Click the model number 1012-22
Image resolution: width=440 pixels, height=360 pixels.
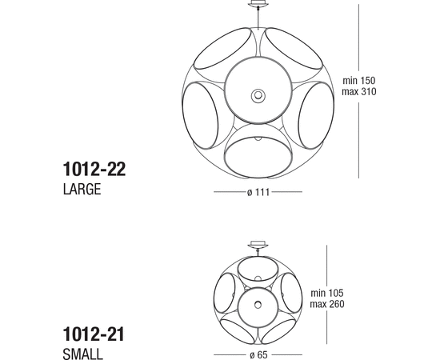click(94, 169)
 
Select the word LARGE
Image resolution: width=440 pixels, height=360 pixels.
click(82, 189)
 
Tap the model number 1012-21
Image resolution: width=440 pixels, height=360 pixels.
click(94, 334)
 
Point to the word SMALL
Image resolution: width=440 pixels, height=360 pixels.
click(82, 354)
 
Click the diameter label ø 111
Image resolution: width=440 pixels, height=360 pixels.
click(258, 193)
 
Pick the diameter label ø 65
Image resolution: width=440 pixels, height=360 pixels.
click(258, 355)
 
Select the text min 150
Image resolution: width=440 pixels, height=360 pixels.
click(359, 81)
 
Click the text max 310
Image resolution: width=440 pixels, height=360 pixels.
click(359, 91)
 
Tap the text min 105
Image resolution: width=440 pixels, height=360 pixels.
click(327, 293)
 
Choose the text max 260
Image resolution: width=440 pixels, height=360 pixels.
click(327, 304)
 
